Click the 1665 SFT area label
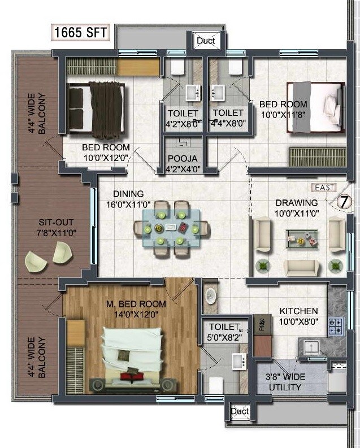(81, 32)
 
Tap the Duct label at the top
(205, 41)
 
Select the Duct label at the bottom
(240, 412)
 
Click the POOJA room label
(182, 159)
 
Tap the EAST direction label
(323, 188)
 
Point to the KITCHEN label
(299, 311)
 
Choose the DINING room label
(128, 194)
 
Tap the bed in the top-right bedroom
(315, 107)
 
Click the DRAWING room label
(297, 203)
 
